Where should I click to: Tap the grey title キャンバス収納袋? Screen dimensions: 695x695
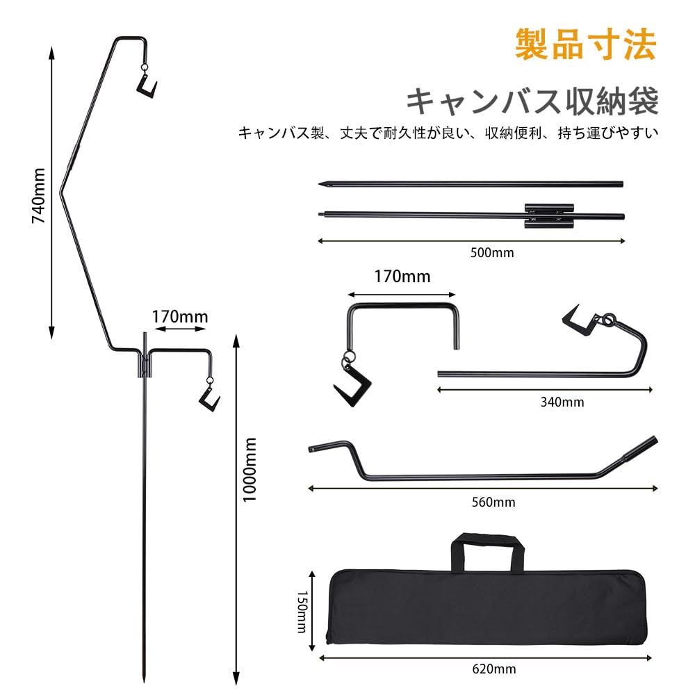point(532,101)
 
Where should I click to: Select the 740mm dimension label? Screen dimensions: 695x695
point(39,195)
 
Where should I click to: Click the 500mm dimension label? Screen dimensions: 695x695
point(493,253)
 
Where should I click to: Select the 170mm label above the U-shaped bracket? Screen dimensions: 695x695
point(402,277)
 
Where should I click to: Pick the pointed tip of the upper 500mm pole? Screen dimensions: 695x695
point(322,185)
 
